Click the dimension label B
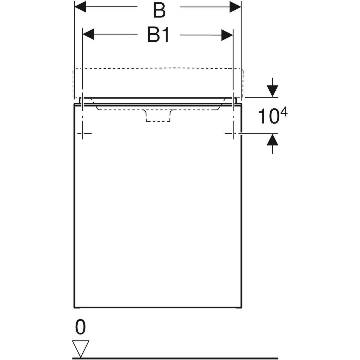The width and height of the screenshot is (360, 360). [159, 10]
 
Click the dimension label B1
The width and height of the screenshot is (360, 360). [158, 34]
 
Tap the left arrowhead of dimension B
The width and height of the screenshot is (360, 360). [80, 7]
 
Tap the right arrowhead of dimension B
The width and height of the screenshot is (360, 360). [235, 7]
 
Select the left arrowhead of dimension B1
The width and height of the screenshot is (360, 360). [88, 34]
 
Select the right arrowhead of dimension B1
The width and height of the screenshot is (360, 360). [227, 35]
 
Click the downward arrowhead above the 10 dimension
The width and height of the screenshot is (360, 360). [272, 91]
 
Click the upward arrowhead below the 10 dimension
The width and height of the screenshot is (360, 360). [272, 140]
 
